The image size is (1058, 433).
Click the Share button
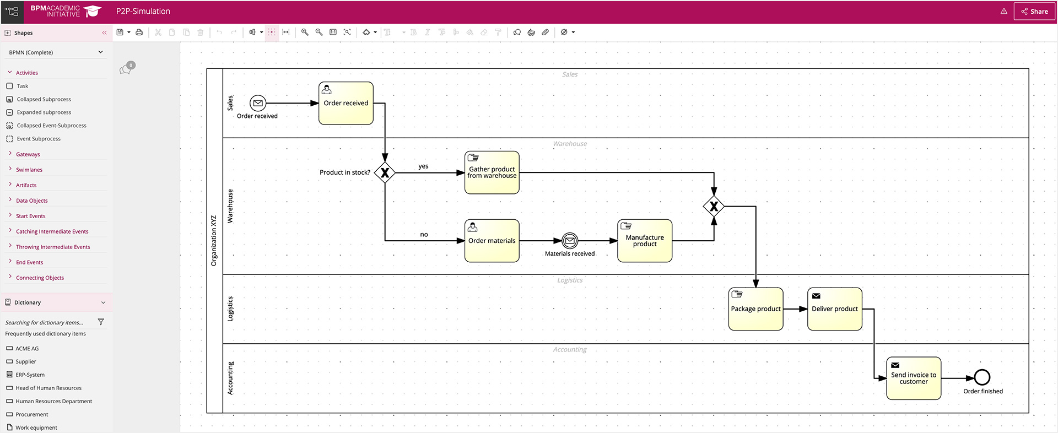pyautogui.click(x=1034, y=11)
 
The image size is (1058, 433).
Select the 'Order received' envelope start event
pyautogui.click(x=258, y=103)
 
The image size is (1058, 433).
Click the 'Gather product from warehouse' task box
pyautogui.click(x=492, y=172)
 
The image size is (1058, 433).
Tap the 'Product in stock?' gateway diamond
pyautogui.click(x=385, y=173)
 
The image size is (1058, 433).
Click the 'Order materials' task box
pyautogui.click(x=492, y=241)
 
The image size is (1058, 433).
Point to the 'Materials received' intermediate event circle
pyautogui.click(x=570, y=241)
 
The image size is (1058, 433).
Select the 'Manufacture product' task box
pyautogui.click(x=645, y=241)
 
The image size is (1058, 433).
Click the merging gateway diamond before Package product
pyautogui.click(x=714, y=207)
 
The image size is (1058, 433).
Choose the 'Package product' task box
pyautogui.click(x=755, y=309)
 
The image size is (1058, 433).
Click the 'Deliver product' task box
pyautogui.click(x=834, y=309)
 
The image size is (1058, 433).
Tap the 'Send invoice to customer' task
pyautogui.click(x=913, y=378)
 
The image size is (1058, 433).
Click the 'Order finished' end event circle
pyautogui.click(x=982, y=377)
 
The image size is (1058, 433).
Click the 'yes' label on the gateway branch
pyautogui.click(x=423, y=166)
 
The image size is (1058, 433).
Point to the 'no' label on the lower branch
pyautogui.click(x=424, y=235)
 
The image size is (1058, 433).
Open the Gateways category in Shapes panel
pyautogui.click(x=28, y=154)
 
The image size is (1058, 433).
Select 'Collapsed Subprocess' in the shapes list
pyautogui.click(x=44, y=99)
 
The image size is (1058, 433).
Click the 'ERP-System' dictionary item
pyautogui.click(x=30, y=375)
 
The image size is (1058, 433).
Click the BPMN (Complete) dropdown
pyautogui.click(x=55, y=52)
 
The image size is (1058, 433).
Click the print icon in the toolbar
pyautogui.click(x=139, y=33)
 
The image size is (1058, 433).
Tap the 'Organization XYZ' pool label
pyautogui.click(x=214, y=241)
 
